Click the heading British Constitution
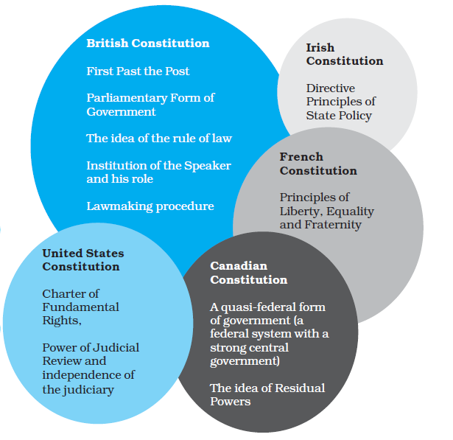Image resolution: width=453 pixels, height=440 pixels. coord(147,43)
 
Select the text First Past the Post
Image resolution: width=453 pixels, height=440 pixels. coord(138,71)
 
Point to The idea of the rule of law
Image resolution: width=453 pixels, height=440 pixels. coord(159,139)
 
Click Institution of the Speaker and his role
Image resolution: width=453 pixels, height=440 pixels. coord(158,172)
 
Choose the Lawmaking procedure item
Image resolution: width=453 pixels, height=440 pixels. coord(150,206)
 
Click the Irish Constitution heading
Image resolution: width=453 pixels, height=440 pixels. coord(344,55)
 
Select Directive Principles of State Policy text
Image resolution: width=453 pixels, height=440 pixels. coord(340,102)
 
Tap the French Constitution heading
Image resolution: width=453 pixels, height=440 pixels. coord(318,164)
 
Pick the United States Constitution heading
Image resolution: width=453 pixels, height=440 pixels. coord(82,259)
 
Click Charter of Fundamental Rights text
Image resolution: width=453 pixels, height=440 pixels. coord(80,307)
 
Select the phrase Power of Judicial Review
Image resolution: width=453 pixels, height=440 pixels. coord(91,355)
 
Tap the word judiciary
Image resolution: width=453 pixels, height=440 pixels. coord(88,389)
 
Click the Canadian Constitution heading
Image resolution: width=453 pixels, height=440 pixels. coord(248,273)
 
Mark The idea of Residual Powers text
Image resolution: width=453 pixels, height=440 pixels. coord(267,394)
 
